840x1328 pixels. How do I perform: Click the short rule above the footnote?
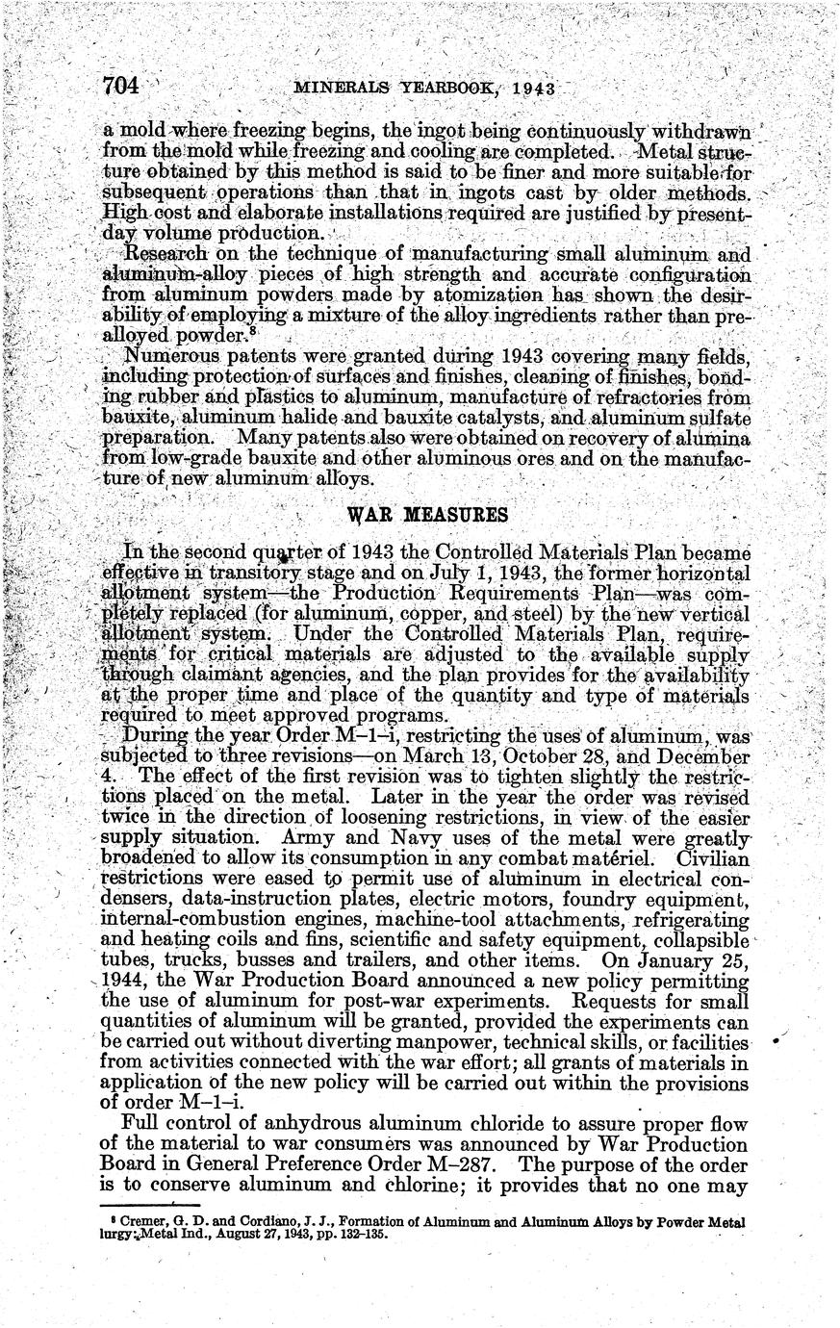point(140,1205)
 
